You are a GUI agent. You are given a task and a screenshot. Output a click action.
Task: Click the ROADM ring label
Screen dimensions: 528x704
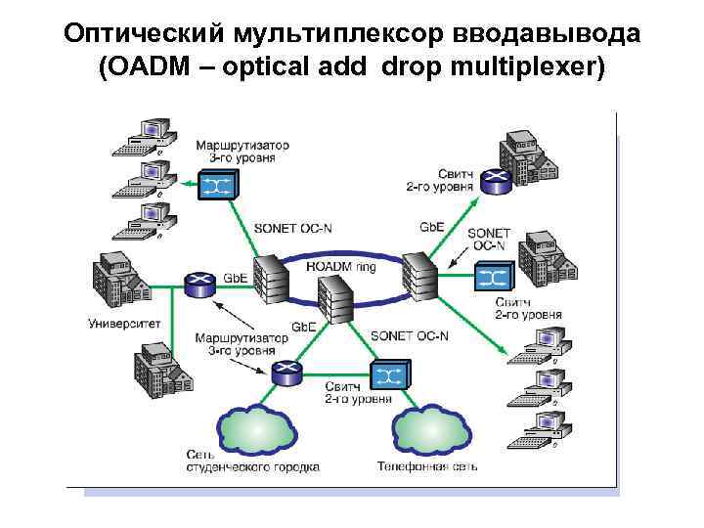click(340, 264)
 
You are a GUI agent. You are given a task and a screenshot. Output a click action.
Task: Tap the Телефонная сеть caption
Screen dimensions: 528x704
click(426, 466)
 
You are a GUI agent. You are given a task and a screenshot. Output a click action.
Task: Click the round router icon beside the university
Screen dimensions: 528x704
click(198, 285)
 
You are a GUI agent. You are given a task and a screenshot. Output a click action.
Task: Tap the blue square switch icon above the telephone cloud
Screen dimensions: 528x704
click(389, 376)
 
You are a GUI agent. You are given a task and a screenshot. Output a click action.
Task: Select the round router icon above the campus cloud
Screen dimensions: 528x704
click(286, 371)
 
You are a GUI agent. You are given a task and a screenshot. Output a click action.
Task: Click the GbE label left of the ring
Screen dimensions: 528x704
click(235, 278)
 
